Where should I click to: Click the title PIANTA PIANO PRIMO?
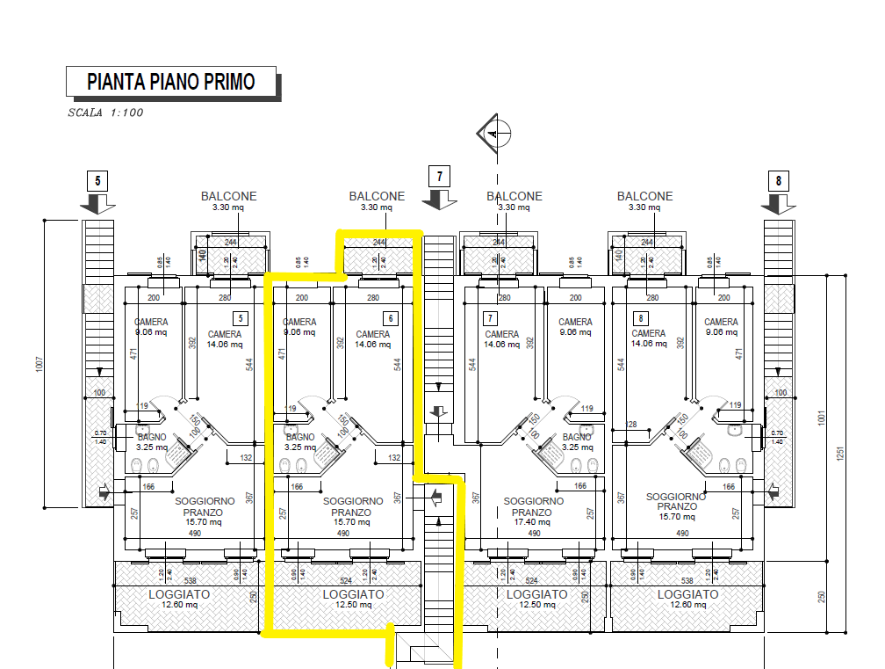coord(171,82)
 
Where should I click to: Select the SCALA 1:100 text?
coord(105,113)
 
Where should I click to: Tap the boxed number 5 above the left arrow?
coord(97,181)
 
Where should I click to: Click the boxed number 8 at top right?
coord(778,181)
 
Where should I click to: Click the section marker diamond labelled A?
coord(493,134)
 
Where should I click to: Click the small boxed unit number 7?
coord(491,318)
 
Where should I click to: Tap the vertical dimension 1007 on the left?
coord(39,362)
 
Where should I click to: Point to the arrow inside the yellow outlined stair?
coord(435,498)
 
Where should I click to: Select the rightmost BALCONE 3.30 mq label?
coord(645,201)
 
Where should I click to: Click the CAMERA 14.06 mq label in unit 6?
coord(373,339)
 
